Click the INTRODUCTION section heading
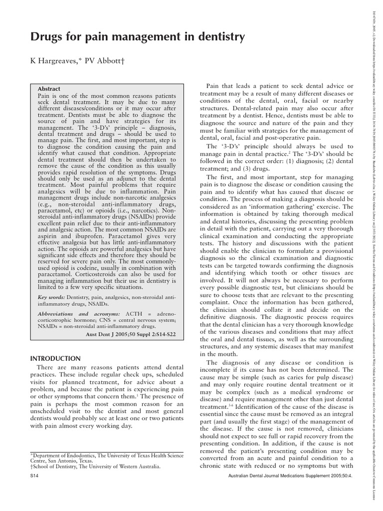[55, 358]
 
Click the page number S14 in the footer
[34, 476]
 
